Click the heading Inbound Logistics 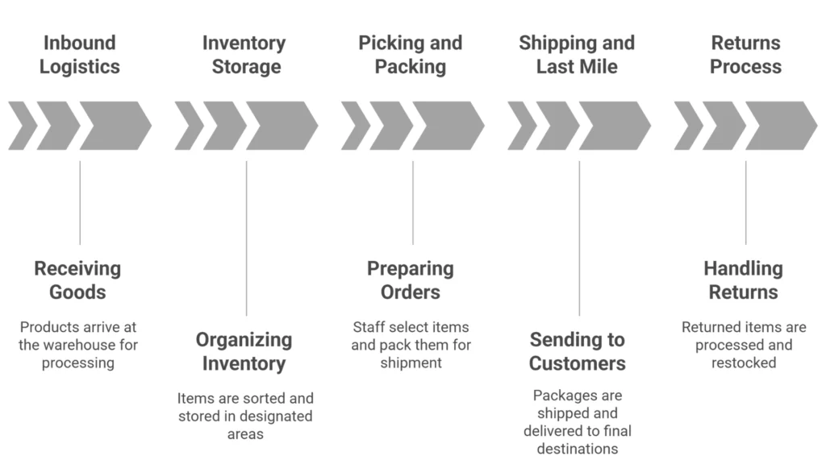click(x=79, y=55)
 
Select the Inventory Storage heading click(x=244, y=55)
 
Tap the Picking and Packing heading click(x=411, y=55)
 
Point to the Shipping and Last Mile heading click(x=577, y=55)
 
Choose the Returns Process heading click(x=745, y=55)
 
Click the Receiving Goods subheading click(x=77, y=280)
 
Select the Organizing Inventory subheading click(x=244, y=351)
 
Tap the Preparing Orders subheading click(x=411, y=280)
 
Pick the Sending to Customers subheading click(x=577, y=351)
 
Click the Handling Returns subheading click(x=743, y=280)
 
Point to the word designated click(x=277, y=416)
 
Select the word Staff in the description click(x=370, y=327)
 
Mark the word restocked click(x=744, y=362)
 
